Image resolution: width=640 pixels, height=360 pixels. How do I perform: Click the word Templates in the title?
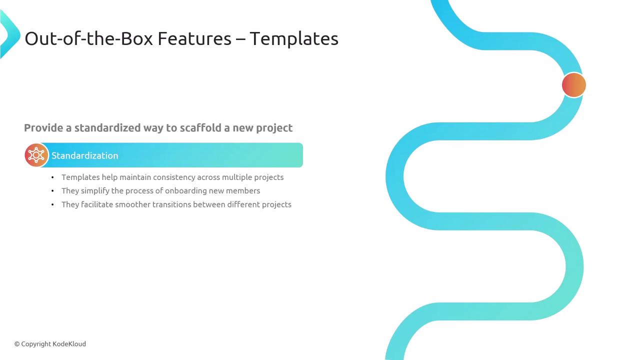(294, 39)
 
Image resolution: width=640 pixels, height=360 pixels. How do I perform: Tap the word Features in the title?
(194, 39)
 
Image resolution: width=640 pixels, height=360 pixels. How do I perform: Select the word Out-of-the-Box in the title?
(89, 38)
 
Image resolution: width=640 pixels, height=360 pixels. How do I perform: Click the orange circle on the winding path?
(573, 85)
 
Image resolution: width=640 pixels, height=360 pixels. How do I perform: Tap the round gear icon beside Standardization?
(36, 155)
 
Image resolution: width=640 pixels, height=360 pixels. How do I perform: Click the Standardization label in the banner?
(85, 155)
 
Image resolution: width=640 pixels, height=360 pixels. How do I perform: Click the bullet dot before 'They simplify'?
(52, 191)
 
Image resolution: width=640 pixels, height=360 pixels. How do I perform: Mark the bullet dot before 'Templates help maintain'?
(52, 177)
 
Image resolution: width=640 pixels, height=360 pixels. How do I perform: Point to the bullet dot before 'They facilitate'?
(52, 204)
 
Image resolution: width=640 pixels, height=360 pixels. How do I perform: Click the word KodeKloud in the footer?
(69, 344)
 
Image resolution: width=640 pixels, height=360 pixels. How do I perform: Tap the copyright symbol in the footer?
(17, 344)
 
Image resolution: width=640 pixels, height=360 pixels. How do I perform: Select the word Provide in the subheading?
(43, 127)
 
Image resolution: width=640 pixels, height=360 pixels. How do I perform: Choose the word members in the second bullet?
(243, 191)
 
